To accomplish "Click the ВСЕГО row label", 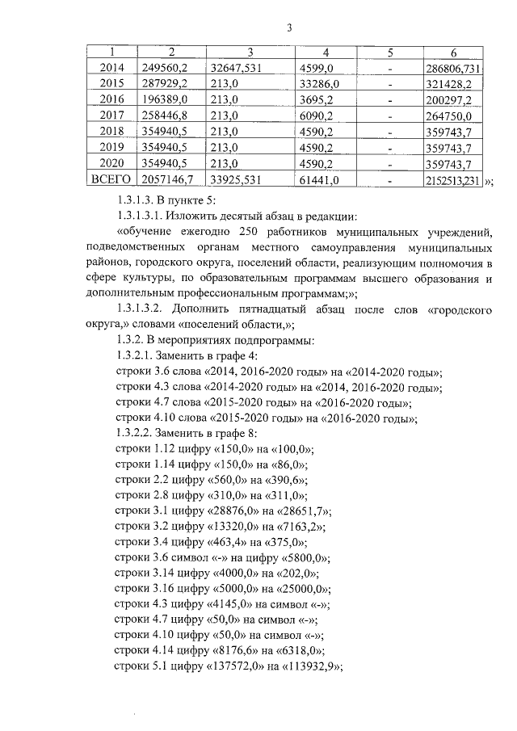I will pyautogui.click(x=111, y=179).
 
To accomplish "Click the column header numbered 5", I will pyautogui.click(x=389, y=53).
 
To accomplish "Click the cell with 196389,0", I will pyautogui.click(x=164, y=99).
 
